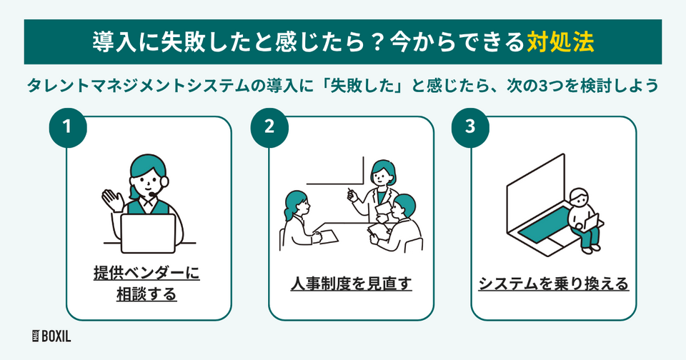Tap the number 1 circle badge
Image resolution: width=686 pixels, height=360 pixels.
tap(69, 127)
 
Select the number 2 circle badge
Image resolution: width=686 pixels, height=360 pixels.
tap(269, 127)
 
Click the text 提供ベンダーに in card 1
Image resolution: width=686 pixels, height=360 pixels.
tap(146, 274)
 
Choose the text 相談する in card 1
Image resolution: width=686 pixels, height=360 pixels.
tap(146, 294)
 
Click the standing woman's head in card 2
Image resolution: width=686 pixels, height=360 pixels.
tap(382, 172)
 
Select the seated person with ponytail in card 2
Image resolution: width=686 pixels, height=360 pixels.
tap(294, 218)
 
